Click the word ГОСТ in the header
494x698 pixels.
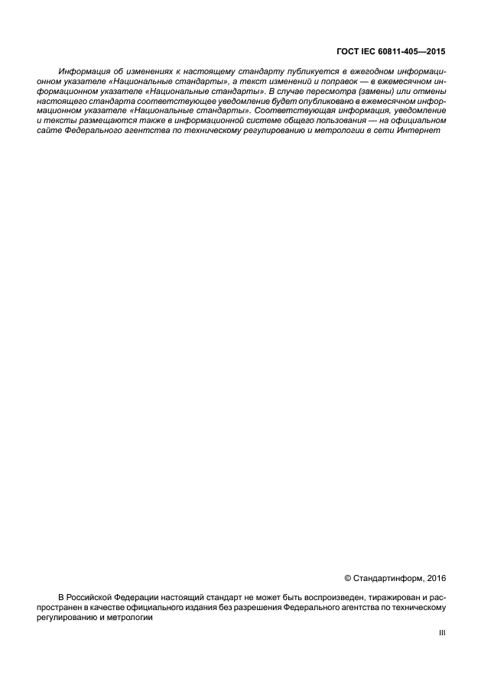[348, 52]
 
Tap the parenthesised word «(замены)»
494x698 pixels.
[376, 91]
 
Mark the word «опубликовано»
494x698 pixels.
[319, 101]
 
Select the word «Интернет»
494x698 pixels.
[421, 131]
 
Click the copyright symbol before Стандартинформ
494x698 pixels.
[348, 579]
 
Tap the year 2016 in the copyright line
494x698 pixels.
[436, 579]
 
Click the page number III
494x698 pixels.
[441, 633]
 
